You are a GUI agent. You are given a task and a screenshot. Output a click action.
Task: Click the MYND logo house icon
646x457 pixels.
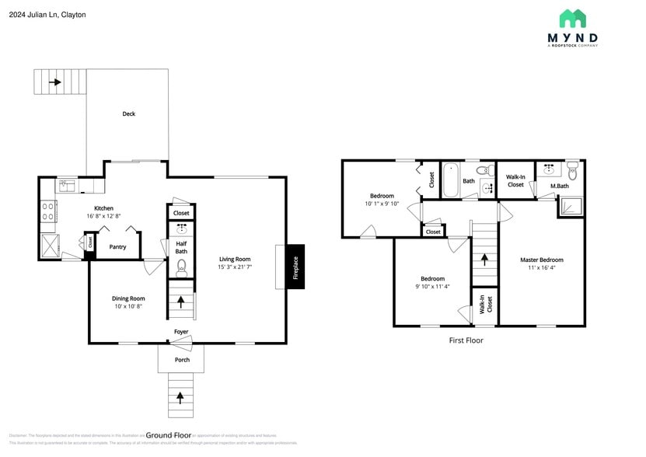(x=572, y=19)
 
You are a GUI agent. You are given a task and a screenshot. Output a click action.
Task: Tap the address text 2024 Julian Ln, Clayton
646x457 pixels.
(x=47, y=15)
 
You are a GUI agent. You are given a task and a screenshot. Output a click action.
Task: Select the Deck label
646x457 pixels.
(x=128, y=114)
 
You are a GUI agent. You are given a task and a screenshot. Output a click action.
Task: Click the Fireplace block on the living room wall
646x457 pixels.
(x=295, y=267)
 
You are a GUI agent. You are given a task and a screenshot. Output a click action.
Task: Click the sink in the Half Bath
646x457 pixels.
(x=181, y=229)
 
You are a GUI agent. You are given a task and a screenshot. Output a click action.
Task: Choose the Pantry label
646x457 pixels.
(x=117, y=247)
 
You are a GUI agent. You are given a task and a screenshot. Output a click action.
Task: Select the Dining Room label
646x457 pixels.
(x=129, y=298)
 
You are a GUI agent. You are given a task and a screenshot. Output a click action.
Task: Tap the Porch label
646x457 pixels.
(x=181, y=360)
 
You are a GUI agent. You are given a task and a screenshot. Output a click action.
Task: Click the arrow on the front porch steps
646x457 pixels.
(x=181, y=397)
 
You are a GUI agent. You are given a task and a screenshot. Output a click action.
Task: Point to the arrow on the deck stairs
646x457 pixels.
(x=55, y=81)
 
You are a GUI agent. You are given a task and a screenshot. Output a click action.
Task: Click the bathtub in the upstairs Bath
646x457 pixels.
(x=451, y=181)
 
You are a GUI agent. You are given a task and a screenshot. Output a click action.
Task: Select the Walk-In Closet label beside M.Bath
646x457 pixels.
(x=515, y=181)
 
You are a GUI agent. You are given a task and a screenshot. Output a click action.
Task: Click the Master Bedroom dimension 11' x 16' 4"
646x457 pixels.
(x=541, y=267)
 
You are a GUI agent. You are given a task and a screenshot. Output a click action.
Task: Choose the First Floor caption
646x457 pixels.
(x=466, y=340)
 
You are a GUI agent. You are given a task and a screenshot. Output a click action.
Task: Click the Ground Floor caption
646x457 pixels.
(x=169, y=435)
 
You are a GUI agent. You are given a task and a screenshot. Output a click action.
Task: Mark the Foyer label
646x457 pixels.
(x=181, y=332)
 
